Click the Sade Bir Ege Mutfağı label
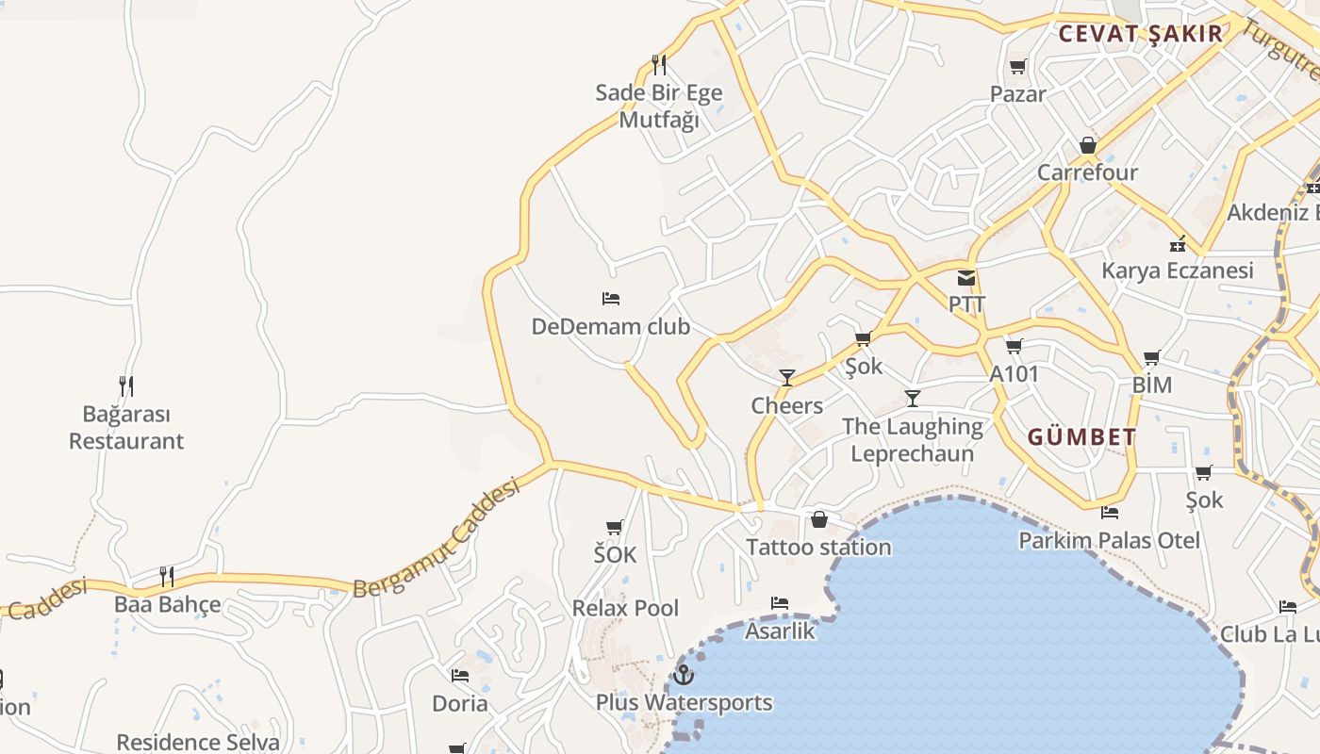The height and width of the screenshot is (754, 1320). point(659,106)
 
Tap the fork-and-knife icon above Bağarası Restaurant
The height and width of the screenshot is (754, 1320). point(126,385)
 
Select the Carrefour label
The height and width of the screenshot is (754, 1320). point(1087,172)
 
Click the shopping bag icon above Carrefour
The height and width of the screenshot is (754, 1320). point(1088,145)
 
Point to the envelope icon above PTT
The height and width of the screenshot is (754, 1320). point(966,278)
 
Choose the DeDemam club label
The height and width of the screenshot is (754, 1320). point(611,327)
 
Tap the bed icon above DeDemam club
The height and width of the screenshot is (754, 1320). point(611,299)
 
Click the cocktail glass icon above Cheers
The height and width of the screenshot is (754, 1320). point(787,378)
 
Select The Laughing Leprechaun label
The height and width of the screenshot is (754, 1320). point(912,439)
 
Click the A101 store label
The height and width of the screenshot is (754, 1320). point(1014,374)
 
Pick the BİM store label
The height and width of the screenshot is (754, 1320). point(1151,385)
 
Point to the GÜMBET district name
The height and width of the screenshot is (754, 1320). point(1081,437)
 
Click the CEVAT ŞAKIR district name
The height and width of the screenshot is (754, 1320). point(1140,34)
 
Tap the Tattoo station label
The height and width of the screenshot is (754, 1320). point(818,547)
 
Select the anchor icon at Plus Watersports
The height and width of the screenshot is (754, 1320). point(684,675)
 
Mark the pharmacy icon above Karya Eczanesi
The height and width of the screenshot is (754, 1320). point(1178,244)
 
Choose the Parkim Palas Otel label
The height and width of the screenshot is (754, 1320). point(1109,540)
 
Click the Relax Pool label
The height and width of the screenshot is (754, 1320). point(625,608)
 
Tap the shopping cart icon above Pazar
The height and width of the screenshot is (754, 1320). point(1017,67)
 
